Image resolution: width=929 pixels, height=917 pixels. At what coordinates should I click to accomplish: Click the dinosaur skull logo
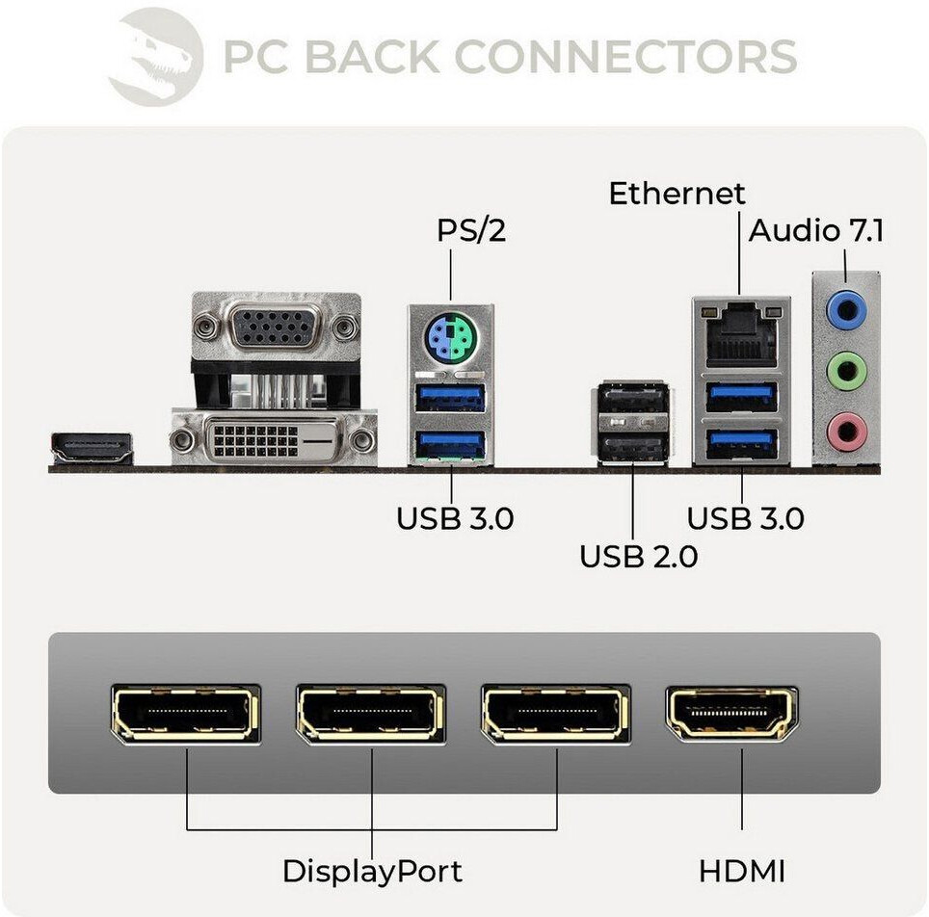point(155,56)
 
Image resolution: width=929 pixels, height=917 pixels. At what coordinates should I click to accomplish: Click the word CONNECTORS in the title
point(624,57)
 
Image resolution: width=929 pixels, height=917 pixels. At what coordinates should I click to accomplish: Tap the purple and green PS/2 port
point(450,340)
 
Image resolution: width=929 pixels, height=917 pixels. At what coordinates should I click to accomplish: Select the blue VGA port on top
point(276,327)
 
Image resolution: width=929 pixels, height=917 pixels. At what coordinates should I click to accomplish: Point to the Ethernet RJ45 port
point(740,333)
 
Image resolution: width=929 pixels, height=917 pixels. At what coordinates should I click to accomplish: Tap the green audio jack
point(845,368)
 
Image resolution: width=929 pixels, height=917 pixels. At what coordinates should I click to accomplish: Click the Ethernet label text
point(677,193)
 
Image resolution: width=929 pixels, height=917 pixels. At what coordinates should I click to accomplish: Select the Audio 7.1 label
point(816,231)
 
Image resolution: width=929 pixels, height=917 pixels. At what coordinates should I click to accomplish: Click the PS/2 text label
point(471,231)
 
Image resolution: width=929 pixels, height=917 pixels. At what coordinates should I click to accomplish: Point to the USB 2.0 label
point(638,556)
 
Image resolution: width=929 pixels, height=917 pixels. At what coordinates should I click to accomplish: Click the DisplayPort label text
point(372,872)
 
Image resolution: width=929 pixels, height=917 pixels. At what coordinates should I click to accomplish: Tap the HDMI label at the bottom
point(742,872)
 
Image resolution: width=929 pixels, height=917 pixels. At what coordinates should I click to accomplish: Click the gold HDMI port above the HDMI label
point(732,713)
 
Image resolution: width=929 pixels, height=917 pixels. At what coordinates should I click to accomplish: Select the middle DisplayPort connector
point(371,714)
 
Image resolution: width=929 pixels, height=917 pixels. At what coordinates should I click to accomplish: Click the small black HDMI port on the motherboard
point(92,449)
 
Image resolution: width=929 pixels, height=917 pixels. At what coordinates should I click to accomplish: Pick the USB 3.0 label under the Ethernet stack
point(745,518)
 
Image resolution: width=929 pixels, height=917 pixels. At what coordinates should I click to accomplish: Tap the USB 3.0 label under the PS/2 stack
point(455,518)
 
